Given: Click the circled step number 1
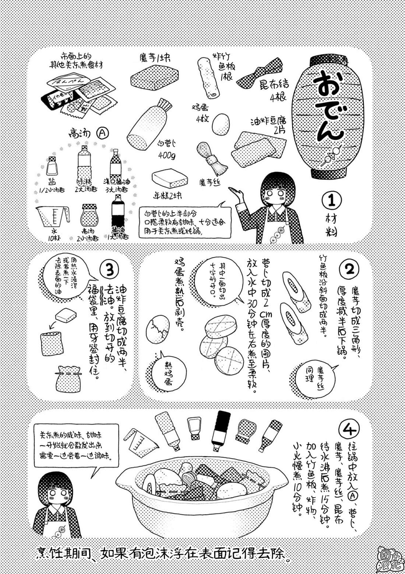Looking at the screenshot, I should pyautogui.click(x=331, y=200).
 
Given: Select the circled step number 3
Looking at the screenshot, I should pyautogui.click(x=110, y=270).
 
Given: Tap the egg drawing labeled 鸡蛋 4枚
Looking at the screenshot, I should pyautogui.click(x=221, y=124).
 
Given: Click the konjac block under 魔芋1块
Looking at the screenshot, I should pyautogui.click(x=154, y=78).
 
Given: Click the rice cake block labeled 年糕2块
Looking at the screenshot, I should pyautogui.click(x=170, y=179).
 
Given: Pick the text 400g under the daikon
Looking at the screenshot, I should pyautogui.click(x=166, y=156).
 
